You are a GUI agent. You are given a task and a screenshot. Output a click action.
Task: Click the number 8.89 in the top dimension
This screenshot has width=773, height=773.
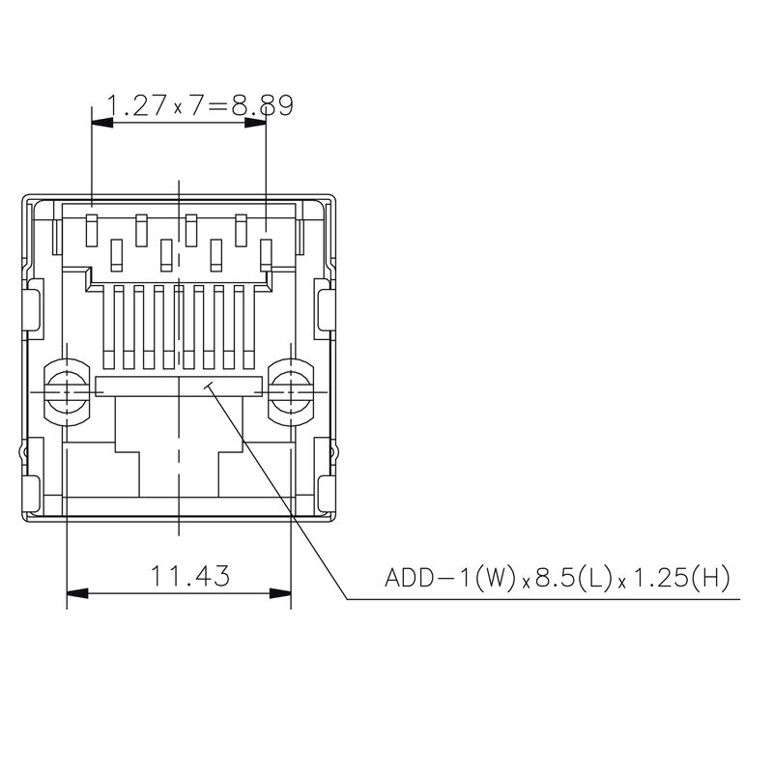261,104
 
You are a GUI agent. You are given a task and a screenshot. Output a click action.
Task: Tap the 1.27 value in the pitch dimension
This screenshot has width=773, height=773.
137,104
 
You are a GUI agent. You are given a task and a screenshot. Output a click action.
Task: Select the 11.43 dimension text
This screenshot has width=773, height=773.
190,578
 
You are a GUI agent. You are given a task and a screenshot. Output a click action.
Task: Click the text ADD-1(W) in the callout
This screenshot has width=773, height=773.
449,578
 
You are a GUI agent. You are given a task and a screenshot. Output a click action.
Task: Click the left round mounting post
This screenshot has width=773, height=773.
66,391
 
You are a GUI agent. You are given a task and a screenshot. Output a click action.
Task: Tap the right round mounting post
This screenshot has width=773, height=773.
291,391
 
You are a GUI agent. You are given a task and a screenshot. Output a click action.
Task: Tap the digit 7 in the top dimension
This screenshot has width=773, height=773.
196,104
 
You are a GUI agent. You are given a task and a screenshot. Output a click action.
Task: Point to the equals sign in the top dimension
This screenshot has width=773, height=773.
220,104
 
